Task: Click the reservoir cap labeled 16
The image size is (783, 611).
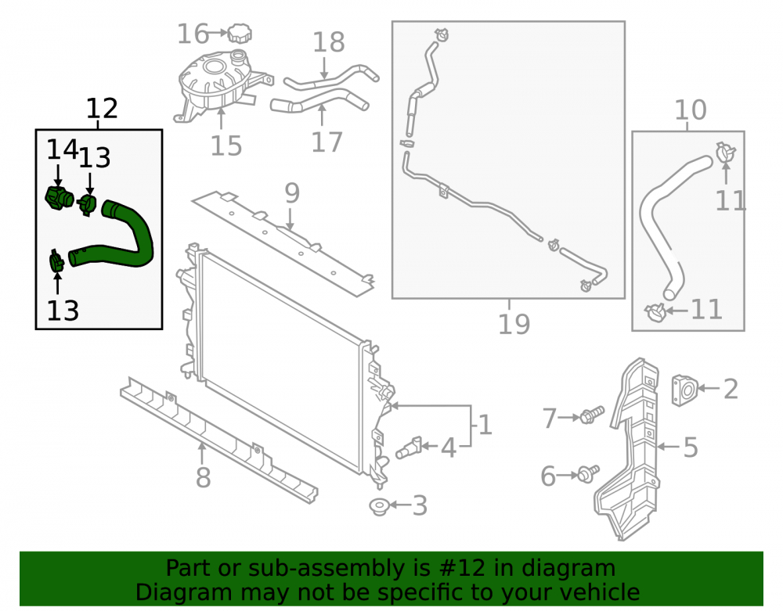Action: point(240,33)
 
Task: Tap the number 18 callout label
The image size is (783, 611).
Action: point(329,42)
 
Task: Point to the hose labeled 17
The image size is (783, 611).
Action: point(319,100)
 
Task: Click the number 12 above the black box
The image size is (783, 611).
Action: point(102,108)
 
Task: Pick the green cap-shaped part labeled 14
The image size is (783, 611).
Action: point(59,198)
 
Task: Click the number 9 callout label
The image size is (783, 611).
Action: point(292,193)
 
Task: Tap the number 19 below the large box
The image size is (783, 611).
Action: point(514,324)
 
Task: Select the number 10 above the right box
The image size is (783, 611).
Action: point(691,110)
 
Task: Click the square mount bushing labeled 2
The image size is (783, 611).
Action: point(684,390)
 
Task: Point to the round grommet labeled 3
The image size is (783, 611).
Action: point(379,506)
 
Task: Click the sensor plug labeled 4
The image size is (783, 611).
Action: point(410,448)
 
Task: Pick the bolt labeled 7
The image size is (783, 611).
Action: point(592,415)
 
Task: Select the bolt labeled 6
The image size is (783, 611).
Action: point(588,473)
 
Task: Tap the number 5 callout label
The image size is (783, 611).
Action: point(690,447)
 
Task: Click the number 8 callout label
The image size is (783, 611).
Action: point(204,477)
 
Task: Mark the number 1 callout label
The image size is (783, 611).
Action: point(485,425)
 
